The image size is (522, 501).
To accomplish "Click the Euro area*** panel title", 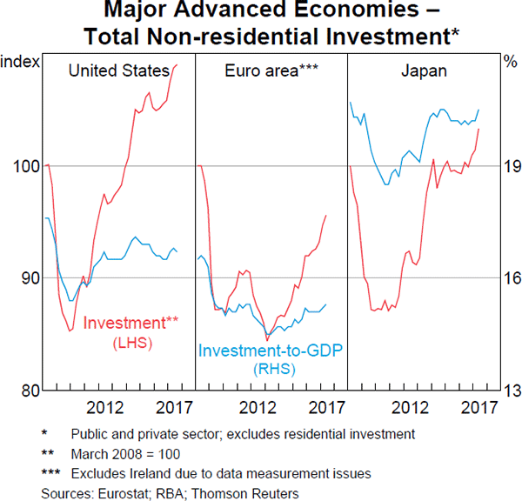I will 271,70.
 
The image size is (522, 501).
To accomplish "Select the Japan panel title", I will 423,70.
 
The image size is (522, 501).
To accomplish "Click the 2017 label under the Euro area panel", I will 325,407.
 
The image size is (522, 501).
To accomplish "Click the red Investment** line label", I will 130,324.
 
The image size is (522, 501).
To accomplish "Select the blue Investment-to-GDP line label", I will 271,351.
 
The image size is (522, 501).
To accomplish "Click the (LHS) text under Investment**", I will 132,343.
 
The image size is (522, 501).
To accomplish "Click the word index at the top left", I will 18,61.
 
